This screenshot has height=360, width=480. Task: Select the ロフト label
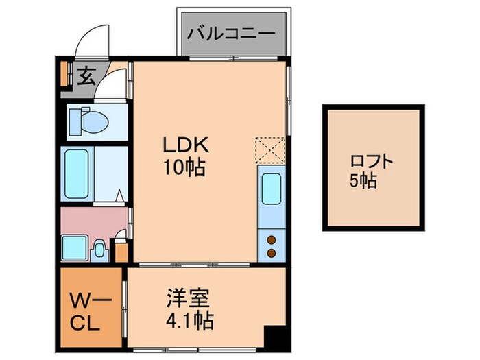[372, 162]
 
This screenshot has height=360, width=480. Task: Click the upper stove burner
[272, 240]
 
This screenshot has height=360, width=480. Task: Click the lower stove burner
[272, 253]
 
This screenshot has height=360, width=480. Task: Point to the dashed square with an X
[269, 149]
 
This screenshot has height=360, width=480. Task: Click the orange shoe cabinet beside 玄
[64, 75]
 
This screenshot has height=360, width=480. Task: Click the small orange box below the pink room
[121, 252]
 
